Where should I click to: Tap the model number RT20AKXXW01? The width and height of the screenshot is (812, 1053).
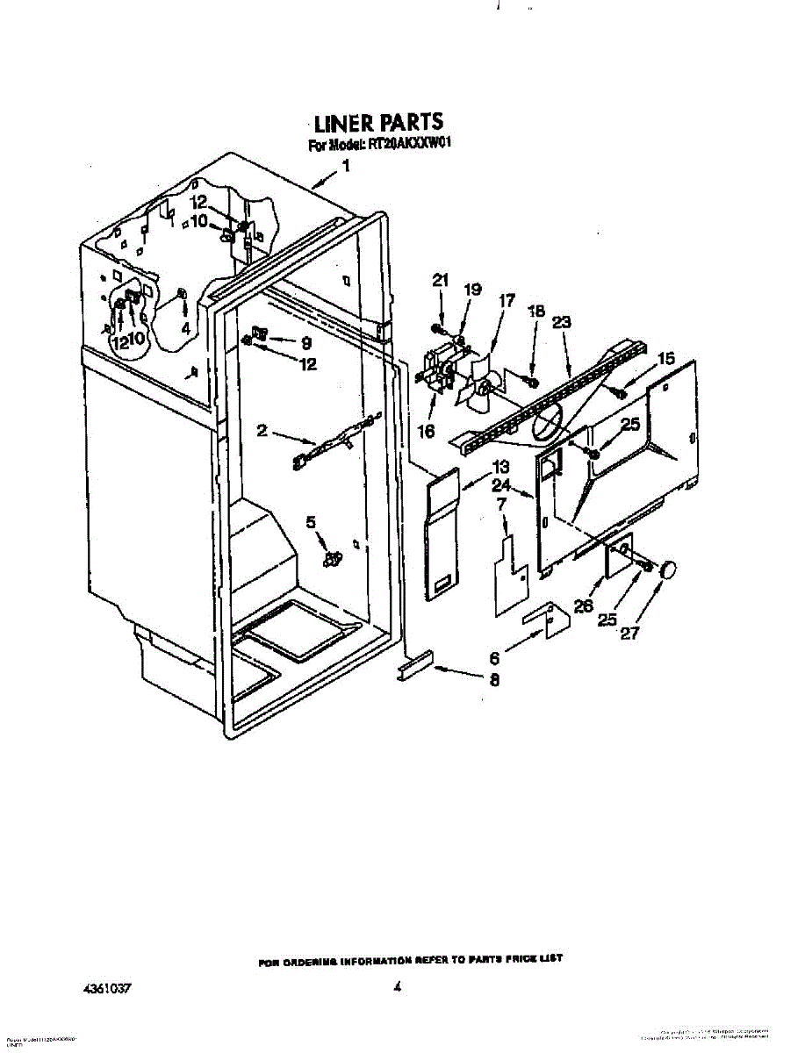pos(404,146)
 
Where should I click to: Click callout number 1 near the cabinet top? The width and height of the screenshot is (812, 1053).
pos(347,166)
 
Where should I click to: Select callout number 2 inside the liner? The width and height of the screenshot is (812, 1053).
pos(262,430)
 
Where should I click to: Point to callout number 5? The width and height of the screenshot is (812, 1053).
pos(311,522)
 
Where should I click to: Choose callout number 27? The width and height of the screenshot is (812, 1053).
pos(629,634)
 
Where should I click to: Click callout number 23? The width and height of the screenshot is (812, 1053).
pos(562,322)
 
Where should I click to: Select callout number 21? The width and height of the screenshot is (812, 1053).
pos(440,281)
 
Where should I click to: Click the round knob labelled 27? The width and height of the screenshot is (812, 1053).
pos(670,569)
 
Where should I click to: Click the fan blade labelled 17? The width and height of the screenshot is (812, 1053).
pos(479,386)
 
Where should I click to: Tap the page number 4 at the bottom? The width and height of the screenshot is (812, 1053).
pos(398,987)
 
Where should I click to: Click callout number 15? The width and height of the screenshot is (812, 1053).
pos(667,358)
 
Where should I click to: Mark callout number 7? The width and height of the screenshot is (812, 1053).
pos(501,505)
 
